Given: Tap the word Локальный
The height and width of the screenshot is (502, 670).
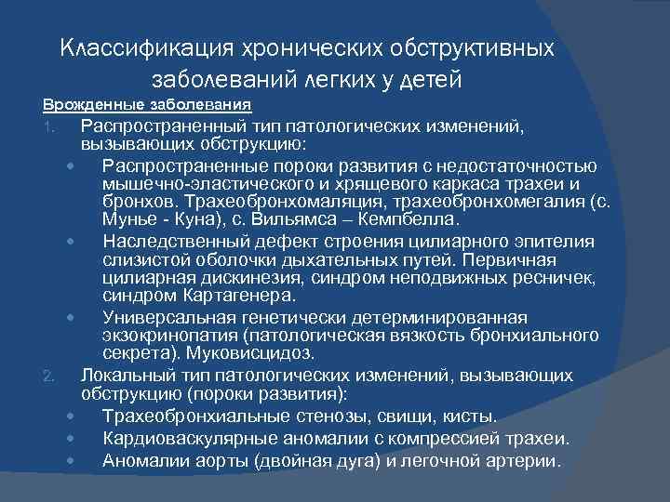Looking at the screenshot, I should [x=121, y=375].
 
